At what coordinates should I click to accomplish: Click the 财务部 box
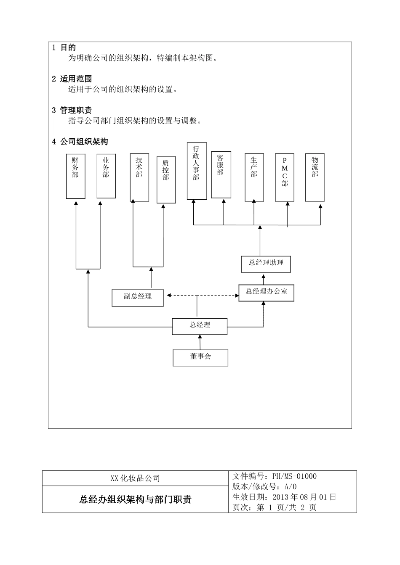click(76, 176)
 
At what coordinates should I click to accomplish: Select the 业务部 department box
click(106, 176)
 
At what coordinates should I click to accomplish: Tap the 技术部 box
click(139, 177)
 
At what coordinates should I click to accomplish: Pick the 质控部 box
click(166, 180)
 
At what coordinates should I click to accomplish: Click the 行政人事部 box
click(197, 171)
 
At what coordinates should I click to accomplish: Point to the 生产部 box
click(254, 177)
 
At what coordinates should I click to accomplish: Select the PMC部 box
click(285, 177)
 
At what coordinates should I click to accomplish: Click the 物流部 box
click(315, 177)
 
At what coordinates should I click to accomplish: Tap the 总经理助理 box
click(266, 264)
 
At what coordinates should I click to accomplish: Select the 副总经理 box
click(138, 297)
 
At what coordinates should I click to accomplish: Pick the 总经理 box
click(200, 326)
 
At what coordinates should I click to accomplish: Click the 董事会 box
click(200, 357)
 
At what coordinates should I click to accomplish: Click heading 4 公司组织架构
click(80, 142)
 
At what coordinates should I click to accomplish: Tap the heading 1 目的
click(64, 48)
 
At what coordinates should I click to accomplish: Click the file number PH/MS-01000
click(294, 476)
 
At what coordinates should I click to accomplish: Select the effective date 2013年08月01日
click(304, 497)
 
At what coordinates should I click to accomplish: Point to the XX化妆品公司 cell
click(135, 478)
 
